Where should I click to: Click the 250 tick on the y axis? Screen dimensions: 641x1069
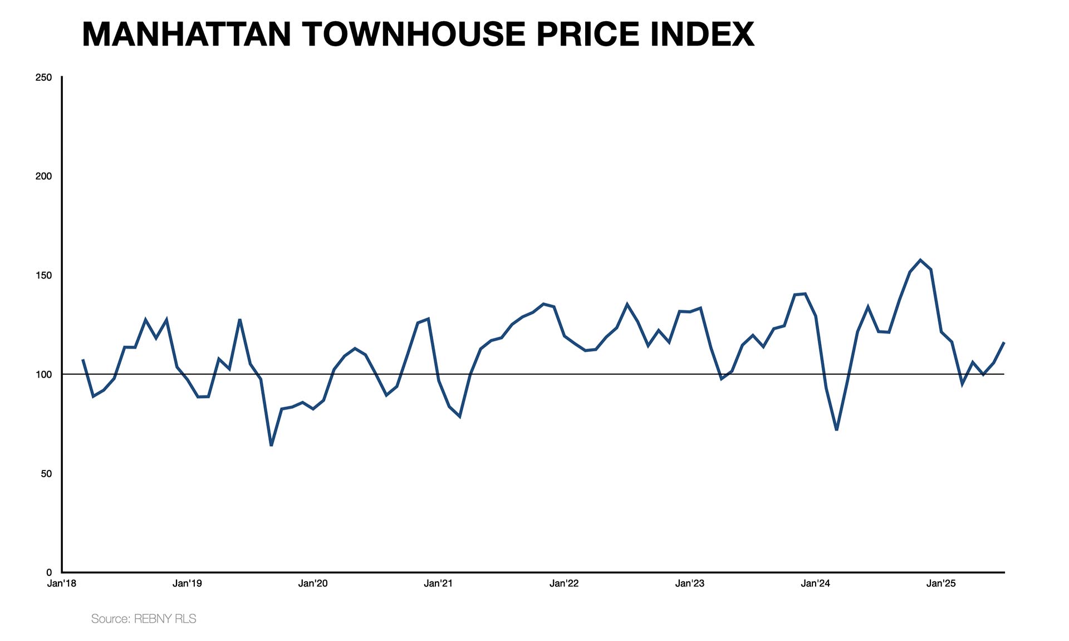tap(43, 77)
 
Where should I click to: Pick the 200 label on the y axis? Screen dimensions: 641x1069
tap(43, 176)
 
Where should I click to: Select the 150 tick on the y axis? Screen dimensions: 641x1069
tap(43, 276)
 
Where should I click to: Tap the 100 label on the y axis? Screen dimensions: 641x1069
tap(43, 374)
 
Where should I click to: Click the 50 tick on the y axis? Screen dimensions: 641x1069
tap(46, 473)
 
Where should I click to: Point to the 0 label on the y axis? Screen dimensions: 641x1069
tap(49, 572)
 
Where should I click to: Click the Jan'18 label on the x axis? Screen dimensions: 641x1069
tap(62, 584)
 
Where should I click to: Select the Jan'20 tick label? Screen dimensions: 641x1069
tap(313, 584)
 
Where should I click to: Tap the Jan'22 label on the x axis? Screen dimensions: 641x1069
tap(564, 584)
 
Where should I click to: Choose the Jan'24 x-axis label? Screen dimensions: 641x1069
tap(815, 584)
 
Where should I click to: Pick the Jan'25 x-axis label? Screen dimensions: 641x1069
tap(941, 584)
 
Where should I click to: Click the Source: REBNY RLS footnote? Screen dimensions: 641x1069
tap(144, 619)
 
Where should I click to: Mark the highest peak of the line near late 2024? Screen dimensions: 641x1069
tap(920, 260)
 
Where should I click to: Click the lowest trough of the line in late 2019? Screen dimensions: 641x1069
tap(271, 445)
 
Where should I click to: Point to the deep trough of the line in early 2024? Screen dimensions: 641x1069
tap(837, 429)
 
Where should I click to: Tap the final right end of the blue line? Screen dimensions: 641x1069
tap(1004, 342)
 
